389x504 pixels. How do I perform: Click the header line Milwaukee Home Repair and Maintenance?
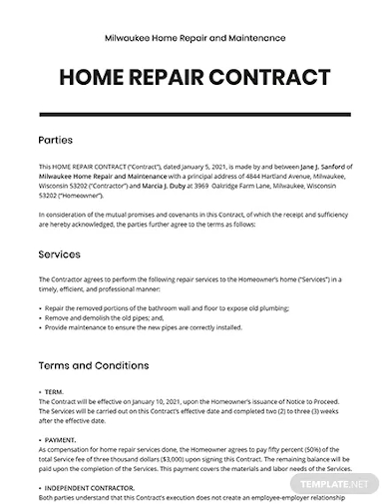click(x=194, y=36)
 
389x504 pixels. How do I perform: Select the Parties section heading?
click(x=55, y=142)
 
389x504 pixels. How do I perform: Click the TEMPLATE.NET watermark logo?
click(x=340, y=490)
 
